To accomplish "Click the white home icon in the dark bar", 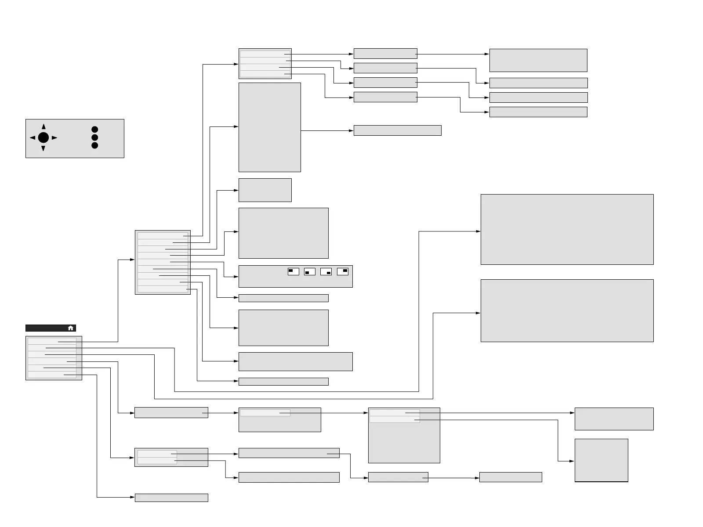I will coord(71,328).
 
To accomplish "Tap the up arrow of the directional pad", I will coord(43,127).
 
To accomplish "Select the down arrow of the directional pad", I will coord(43,148).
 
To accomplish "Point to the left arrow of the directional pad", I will coord(33,138).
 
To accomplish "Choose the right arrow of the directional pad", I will coord(54,138).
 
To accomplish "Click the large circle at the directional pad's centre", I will coord(43,138).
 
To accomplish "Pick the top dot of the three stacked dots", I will coord(94,130).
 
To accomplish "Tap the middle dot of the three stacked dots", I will coord(94,137).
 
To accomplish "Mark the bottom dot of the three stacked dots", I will coord(94,145).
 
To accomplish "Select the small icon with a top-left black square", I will coord(294,271).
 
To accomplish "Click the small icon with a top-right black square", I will coord(343,271).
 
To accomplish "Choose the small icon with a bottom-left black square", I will coord(310,272).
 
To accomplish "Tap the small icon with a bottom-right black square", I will coord(326,272).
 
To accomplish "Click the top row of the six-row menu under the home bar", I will coord(52,341).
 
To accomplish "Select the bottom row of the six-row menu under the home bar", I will coord(52,375).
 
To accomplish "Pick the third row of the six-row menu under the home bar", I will coord(52,354).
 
